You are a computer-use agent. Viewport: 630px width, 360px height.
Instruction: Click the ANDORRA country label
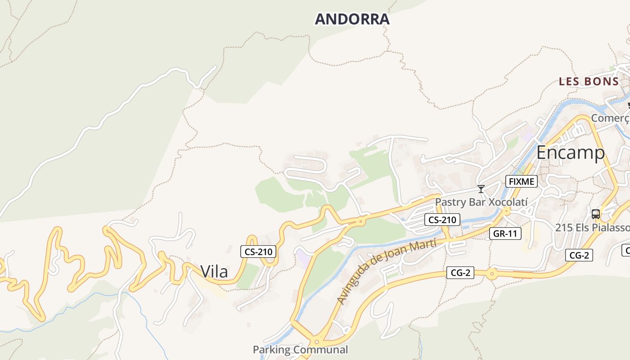click(x=352, y=19)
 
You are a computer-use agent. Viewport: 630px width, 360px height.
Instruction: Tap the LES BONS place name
click(x=589, y=81)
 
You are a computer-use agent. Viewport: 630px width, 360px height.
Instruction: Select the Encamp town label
click(x=571, y=153)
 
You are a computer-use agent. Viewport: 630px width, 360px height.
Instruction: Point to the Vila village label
click(x=214, y=272)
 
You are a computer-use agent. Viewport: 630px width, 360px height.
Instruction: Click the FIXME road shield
click(x=522, y=181)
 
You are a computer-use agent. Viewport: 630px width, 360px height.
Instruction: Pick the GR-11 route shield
click(x=505, y=233)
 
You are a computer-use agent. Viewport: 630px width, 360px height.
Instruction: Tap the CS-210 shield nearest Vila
click(x=258, y=252)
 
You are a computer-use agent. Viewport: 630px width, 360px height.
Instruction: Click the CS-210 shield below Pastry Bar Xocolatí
click(x=442, y=220)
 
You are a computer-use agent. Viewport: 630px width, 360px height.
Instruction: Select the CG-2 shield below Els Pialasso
click(x=579, y=255)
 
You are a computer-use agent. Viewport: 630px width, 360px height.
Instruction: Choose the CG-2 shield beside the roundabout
click(x=460, y=272)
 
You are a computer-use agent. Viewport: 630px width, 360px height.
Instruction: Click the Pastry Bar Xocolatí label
click(x=481, y=202)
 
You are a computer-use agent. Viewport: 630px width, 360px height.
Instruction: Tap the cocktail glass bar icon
click(x=481, y=189)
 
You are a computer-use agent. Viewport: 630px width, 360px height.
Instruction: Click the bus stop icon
click(x=596, y=214)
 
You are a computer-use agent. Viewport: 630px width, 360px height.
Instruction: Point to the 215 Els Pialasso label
click(x=592, y=227)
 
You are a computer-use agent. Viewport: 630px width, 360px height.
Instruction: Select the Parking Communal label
click(x=300, y=350)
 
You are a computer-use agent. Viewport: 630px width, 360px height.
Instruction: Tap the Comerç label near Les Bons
click(x=610, y=118)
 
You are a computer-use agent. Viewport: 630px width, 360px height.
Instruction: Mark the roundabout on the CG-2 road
click(x=492, y=273)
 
